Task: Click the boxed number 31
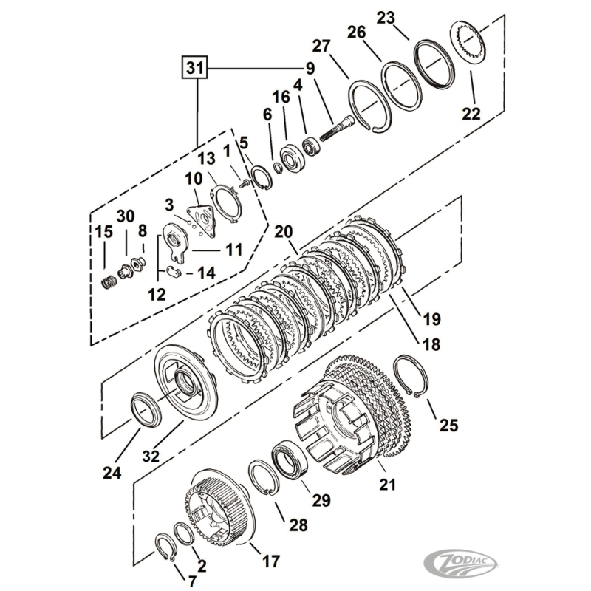point(194,69)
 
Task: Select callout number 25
point(448,425)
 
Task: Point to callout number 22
point(471,114)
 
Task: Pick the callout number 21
point(388,485)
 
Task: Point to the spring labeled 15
point(108,282)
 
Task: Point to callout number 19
point(431,319)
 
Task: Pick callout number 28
point(298,525)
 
